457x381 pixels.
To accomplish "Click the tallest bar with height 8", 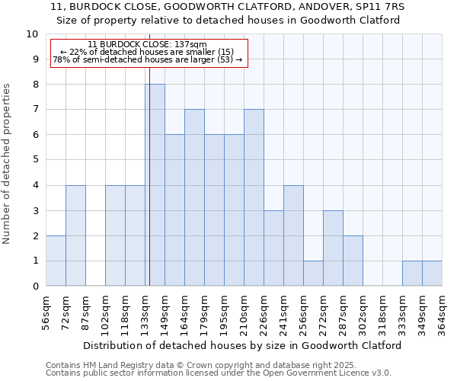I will tap(155, 185).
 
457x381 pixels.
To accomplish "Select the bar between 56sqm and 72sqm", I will tap(56, 261).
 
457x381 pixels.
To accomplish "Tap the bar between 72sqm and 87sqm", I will tap(75, 235).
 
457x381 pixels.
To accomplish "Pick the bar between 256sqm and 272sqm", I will tap(313, 274).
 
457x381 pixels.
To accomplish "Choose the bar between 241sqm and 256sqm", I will tap(293, 235).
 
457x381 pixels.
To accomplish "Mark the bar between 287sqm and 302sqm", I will tap(353, 261).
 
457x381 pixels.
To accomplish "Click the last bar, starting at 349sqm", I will tap(432, 274).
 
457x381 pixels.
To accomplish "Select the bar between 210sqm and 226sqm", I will tap(254, 197).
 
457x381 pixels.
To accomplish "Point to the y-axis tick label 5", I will tap(34, 160).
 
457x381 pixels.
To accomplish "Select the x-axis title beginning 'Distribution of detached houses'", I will tap(241, 345).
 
